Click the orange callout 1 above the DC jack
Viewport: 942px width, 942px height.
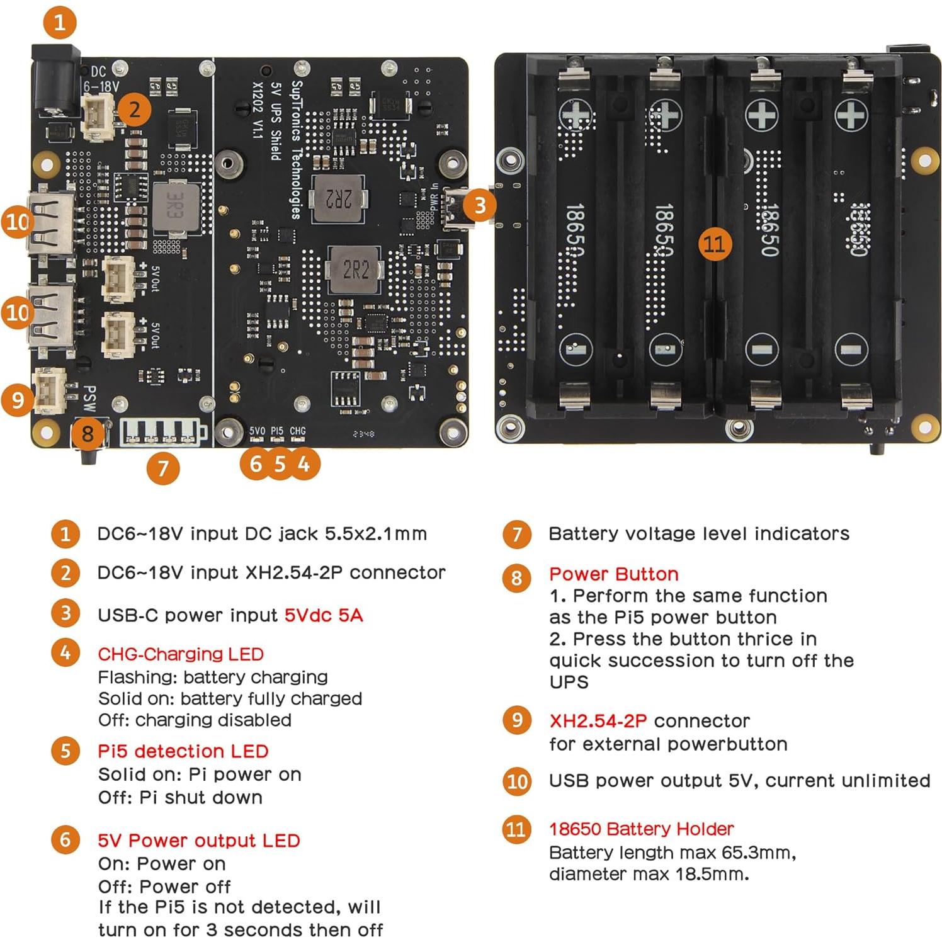60,23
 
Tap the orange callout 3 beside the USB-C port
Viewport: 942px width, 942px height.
480,205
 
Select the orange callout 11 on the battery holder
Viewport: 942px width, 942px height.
715,244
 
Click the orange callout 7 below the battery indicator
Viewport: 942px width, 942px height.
163,468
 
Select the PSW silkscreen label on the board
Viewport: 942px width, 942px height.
90,399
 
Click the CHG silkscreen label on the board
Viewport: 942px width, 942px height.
297,431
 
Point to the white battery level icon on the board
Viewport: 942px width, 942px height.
163,432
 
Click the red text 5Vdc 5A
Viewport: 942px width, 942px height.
324,615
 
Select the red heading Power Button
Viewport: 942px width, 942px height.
613,574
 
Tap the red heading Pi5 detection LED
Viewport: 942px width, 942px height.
183,751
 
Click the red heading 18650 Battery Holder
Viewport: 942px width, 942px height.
641,829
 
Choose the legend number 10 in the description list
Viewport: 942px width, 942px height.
516,781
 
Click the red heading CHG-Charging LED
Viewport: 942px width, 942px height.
181,654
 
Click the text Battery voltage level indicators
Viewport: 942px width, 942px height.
699,534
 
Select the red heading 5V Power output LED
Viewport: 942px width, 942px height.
199,841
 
